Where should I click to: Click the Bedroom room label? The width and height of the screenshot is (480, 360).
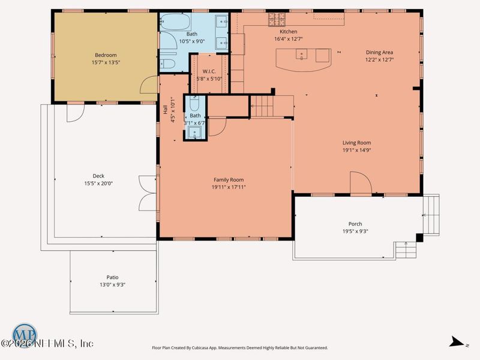tap(106, 55)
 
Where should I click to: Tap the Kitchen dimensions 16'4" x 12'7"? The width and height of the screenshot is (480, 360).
tap(289, 39)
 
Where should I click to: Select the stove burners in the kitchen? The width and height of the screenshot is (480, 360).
tap(277, 19)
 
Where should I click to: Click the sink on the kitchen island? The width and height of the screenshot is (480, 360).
tap(302, 54)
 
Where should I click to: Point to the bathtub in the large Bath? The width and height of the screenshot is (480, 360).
tap(175, 22)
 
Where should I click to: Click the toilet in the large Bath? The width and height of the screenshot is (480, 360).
tap(167, 64)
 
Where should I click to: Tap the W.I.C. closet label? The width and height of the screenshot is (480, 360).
tap(209, 71)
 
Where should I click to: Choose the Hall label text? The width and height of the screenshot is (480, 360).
tap(166, 110)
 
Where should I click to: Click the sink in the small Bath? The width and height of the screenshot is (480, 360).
tap(194, 133)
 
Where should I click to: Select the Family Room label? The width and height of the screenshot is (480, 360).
tap(229, 179)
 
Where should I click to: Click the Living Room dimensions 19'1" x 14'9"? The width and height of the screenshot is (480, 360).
tap(356, 150)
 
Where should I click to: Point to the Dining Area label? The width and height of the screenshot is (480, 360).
tap(379, 52)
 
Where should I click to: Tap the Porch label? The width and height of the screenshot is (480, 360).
tap(355, 224)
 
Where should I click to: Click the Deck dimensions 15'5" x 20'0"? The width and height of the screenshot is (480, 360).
tap(98, 184)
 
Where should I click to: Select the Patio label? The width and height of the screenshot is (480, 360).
tap(112, 277)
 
